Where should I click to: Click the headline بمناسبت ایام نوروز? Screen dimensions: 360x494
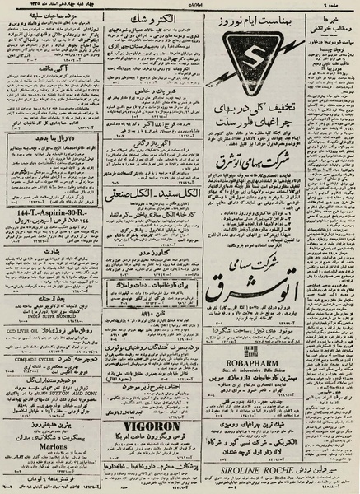(256, 18)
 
